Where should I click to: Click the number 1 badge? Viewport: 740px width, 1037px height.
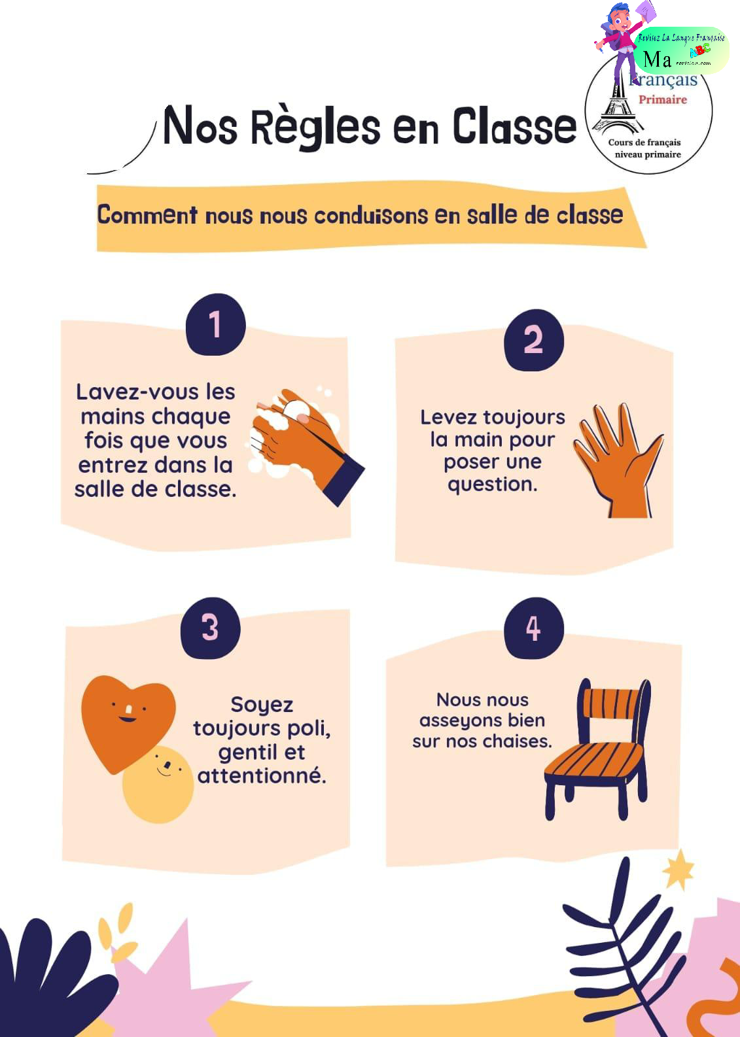215,324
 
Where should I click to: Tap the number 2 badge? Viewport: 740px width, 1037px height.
533,340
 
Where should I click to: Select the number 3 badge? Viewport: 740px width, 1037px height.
210,627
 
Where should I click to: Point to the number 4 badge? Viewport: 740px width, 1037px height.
533,628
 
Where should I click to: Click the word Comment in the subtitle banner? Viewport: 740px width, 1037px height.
147,215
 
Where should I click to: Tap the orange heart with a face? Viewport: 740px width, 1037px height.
126,719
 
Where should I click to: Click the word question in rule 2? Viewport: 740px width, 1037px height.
492,484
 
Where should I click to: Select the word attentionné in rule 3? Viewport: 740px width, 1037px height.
262,775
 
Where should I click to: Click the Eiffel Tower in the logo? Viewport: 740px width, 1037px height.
615,105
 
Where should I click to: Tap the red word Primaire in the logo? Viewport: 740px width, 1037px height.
662,99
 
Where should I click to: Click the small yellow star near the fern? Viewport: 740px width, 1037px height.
678,870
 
